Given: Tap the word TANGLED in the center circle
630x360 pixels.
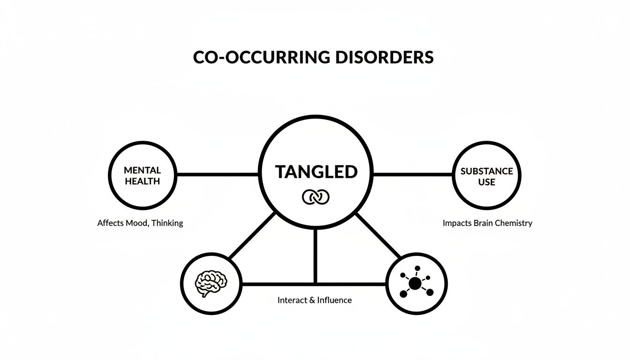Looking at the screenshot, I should (x=316, y=172).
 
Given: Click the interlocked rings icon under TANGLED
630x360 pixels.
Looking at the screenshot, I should (x=316, y=197).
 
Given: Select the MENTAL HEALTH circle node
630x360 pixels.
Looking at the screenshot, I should (x=142, y=175).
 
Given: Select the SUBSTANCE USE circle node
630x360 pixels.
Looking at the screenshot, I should (x=487, y=175).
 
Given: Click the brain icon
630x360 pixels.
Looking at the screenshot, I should (x=210, y=284).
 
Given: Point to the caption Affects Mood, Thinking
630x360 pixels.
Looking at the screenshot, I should (x=140, y=223).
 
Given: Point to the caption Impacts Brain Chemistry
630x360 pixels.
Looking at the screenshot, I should (x=487, y=223).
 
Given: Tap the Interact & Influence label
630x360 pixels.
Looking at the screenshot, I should (x=315, y=300).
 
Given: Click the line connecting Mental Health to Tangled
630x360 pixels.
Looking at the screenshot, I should (x=217, y=174).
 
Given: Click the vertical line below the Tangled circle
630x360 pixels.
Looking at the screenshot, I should (x=315, y=255).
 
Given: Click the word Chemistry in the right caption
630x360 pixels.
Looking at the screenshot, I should (x=515, y=223).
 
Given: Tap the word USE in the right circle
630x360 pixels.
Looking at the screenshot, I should (x=487, y=182).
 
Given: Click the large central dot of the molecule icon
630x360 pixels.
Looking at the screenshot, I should (x=415, y=284).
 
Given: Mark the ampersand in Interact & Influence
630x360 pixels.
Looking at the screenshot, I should (x=312, y=300).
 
